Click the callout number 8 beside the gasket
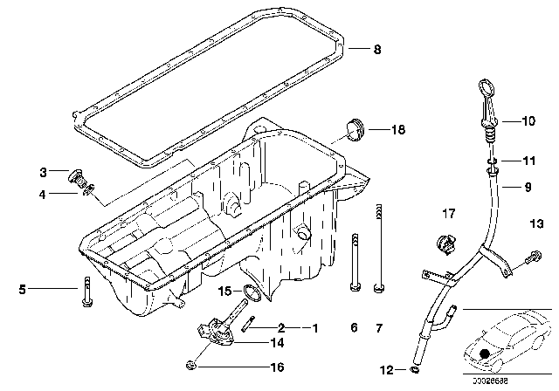click(377, 51)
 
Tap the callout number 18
click(399, 130)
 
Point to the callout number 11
click(528, 161)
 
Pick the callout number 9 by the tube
click(528, 188)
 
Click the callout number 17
click(448, 213)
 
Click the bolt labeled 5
click(86, 291)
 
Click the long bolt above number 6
click(355, 262)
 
